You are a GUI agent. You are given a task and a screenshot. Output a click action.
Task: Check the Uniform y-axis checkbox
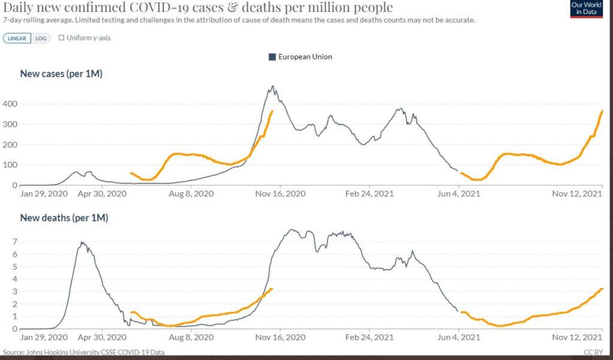click(x=62, y=38)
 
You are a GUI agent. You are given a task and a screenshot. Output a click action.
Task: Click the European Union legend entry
click(x=300, y=57)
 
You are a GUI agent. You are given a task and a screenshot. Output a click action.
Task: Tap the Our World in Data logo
click(x=586, y=8)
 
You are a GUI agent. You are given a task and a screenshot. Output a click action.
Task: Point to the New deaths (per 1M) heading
click(x=64, y=218)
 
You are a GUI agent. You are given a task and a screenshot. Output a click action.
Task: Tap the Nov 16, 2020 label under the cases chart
click(x=281, y=194)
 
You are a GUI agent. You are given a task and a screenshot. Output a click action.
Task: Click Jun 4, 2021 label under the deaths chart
click(x=458, y=338)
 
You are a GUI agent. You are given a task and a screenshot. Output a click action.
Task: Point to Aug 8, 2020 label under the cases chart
click(x=191, y=194)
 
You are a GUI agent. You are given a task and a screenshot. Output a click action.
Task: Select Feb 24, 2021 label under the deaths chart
click(x=370, y=338)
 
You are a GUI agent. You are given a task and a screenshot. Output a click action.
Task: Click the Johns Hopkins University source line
click(x=83, y=352)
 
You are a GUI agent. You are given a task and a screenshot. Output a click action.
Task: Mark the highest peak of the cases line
click(x=273, y=86)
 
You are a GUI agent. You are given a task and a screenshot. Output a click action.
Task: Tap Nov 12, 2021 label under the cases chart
click(x=576, y=194)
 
